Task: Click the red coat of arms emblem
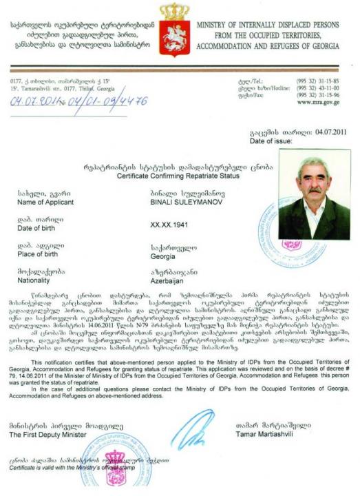click(174, 34)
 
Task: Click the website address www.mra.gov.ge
click(319, 103)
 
